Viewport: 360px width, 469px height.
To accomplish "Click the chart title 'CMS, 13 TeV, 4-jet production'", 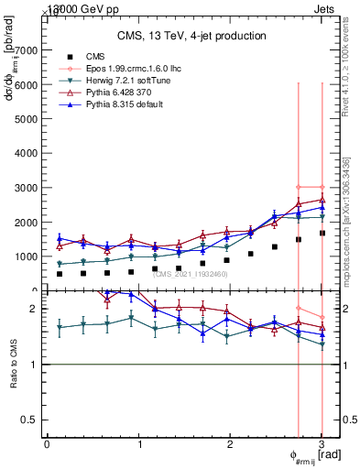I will click(x=191, y=37).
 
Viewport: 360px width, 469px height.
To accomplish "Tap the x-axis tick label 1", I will click(x=139, y=444).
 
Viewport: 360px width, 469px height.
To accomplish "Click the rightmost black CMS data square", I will click(x=322, y=233).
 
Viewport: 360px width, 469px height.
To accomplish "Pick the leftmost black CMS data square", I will click(x=60, y=274).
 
